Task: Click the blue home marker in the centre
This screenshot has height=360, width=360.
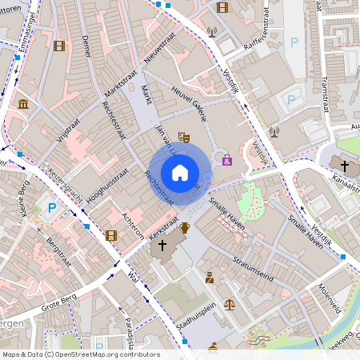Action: tap(180, 172)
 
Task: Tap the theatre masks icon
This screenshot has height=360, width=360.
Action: tap(183, 138)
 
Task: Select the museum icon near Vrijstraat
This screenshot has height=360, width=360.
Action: tap(23, 105)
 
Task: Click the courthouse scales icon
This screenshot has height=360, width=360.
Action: tap(230, 304)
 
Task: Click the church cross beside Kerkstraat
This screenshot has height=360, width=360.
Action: tap(163, 246)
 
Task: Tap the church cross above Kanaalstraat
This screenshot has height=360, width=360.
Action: tap(345, 166)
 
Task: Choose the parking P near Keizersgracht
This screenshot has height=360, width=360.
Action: tap(53, 207)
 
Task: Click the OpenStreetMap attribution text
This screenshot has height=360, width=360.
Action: tap(80, 354)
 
